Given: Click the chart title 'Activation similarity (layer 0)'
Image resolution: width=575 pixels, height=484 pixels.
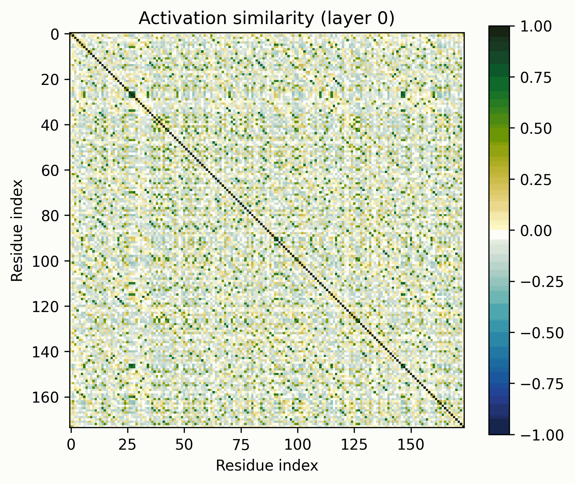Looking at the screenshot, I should coord(266,18).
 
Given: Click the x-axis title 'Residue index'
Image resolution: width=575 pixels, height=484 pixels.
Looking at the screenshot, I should coord(267,466).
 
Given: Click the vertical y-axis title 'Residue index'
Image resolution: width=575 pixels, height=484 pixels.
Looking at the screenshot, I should coord(17,230).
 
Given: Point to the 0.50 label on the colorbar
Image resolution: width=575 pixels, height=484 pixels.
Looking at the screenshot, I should coord(536,128).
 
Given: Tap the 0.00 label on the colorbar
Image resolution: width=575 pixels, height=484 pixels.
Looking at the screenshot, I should coord(536,231).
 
